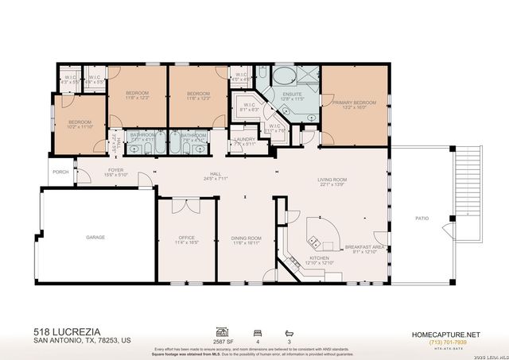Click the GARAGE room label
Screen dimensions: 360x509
tap(95, 237)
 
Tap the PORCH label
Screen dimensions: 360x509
tap(60, 172)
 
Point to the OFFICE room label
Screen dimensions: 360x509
tap(188, 238)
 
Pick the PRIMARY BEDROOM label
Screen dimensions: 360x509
tap(354, 103)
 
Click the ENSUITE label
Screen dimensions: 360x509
tap(292, 94)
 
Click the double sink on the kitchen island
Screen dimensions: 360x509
tap(316, 240)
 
